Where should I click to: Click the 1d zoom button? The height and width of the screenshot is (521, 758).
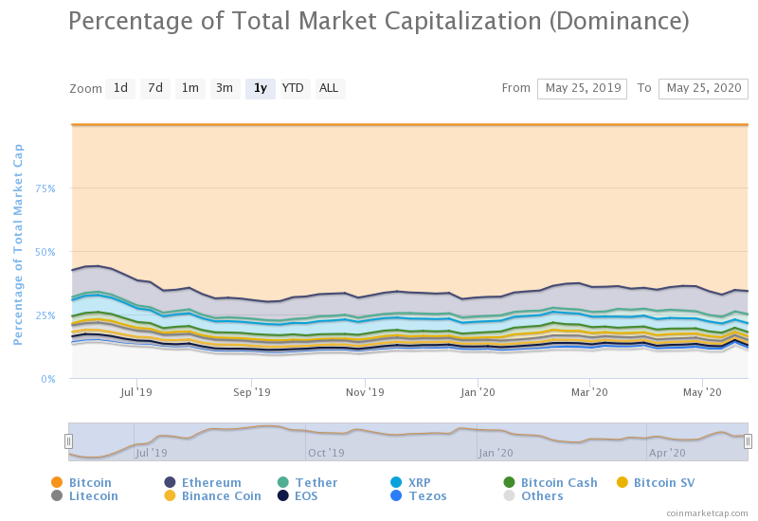pyautogui.click(x=120, y=88)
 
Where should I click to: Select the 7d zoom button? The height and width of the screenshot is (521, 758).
pyautogui.click(x=155, y=88)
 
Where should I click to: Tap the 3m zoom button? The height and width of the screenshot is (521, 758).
pyautogui.click(x=225, y=88)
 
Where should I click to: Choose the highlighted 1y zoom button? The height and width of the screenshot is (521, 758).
pyautogui.click(x=260, y=88)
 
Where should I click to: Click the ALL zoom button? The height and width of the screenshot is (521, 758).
pyautogui.click(x=329, y=88)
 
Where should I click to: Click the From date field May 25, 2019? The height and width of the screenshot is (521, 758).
pyautogui.click(x=582, y=88)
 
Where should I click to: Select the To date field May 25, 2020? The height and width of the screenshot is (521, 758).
pyautogui.click(x=703, y=88)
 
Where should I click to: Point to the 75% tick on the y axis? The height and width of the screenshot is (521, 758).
pyautogui.click(x=45, y=189)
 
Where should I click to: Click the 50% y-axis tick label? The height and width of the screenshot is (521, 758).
pyautogui.click(x=45, y=252)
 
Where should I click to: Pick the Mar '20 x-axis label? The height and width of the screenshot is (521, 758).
pyautogui.click(x=590, y=391)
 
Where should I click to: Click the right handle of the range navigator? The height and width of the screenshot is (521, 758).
pyautogui.click(x=748, y=440)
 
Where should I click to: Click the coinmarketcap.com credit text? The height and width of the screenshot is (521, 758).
pyautogui.click(x=706, y=512)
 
